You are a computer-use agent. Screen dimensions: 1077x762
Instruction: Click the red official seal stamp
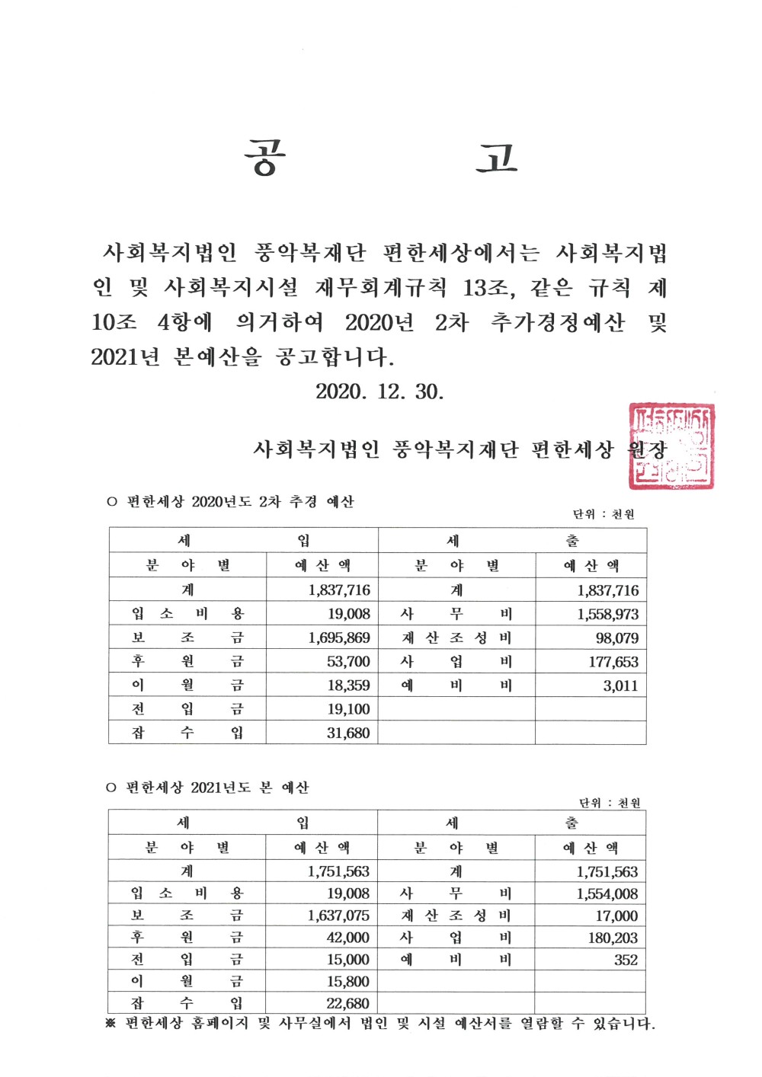point(671,446)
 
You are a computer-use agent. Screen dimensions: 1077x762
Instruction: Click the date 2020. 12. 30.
point(379,391)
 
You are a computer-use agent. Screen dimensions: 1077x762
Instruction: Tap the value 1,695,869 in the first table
point(339,638)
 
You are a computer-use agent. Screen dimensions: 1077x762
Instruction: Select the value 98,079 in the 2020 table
point(617,638)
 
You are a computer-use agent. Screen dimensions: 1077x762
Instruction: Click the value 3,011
point(620,686)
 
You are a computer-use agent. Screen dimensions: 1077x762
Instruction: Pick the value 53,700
point(348,662)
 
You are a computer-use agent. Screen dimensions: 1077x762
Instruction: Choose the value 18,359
point(348,686)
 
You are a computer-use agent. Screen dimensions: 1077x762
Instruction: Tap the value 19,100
point(348,709)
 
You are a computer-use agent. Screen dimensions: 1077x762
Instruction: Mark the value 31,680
point(348,733)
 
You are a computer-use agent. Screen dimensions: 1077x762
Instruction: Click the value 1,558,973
point(607,614)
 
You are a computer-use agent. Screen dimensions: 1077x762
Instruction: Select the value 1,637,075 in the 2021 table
point(338,916)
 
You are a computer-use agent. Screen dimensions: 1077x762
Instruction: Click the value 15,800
point(347,982)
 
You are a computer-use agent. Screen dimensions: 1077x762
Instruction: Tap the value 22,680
point(347,1004)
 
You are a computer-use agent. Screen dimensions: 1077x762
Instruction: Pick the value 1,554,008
point(607,894)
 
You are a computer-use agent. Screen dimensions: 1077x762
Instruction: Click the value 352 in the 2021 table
point(626,960)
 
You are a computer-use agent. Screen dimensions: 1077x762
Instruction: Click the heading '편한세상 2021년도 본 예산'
point(217,788)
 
